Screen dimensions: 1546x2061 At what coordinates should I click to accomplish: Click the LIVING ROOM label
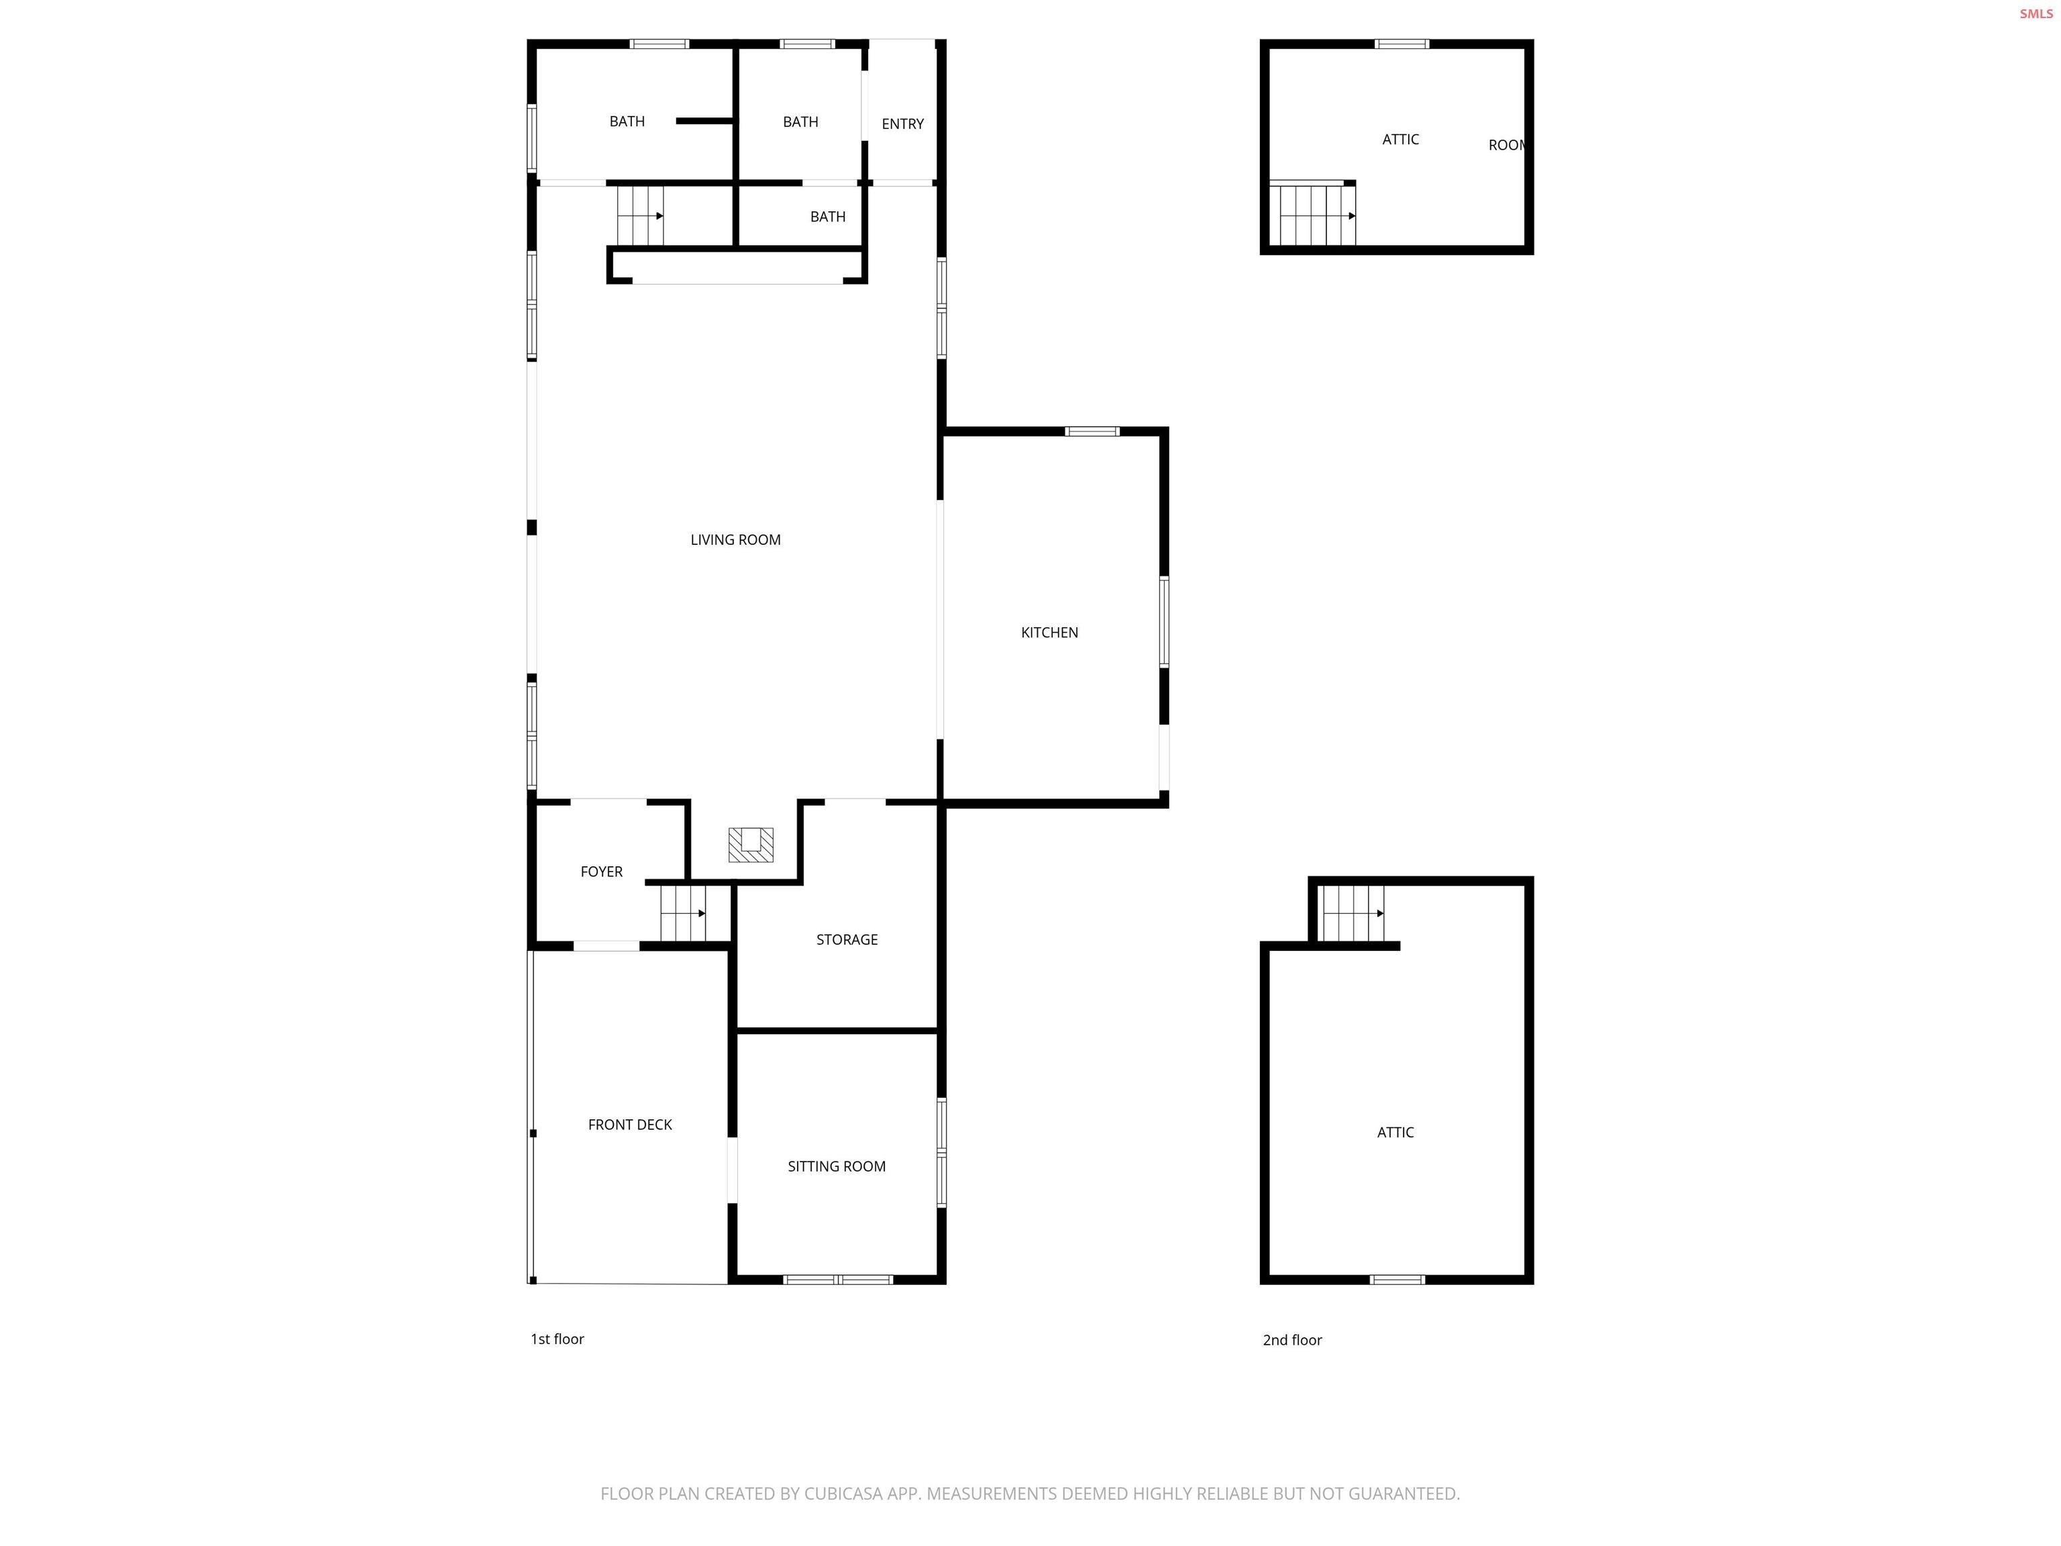pos(735,539)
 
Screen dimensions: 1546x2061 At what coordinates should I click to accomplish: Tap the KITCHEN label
pos(1049,633)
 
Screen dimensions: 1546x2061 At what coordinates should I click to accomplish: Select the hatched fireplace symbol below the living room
pos(750,844)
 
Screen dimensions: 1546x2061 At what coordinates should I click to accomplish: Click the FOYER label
pos(601,872)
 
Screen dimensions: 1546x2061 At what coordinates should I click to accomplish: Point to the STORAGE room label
pos(846,939)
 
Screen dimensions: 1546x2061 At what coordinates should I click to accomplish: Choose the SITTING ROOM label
pos(836,1167)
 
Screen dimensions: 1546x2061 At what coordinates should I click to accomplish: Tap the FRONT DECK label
pos(630,1125)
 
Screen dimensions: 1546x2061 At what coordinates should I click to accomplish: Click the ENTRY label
pos(902,124)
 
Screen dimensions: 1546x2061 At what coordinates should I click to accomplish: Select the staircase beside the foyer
pos(683,913)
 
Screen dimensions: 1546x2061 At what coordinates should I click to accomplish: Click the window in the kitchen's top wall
pos(1092,431)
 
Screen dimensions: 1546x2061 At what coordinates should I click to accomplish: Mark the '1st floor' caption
pos(557,1339)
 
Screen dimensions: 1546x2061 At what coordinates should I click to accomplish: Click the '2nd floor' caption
pos(1291,1340)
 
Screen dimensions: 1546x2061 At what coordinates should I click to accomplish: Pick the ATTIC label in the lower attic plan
pos(1395,1132)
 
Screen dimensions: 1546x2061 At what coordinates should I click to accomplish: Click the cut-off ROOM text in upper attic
pos(1505,146)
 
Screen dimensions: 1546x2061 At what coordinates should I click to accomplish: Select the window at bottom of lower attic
pos(1397,1280)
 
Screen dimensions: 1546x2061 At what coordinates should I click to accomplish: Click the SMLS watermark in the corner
pos(2035,14)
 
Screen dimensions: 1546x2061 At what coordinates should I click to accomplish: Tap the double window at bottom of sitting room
pos(838,1280)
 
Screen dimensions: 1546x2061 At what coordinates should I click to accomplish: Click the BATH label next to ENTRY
pos(800,122)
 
